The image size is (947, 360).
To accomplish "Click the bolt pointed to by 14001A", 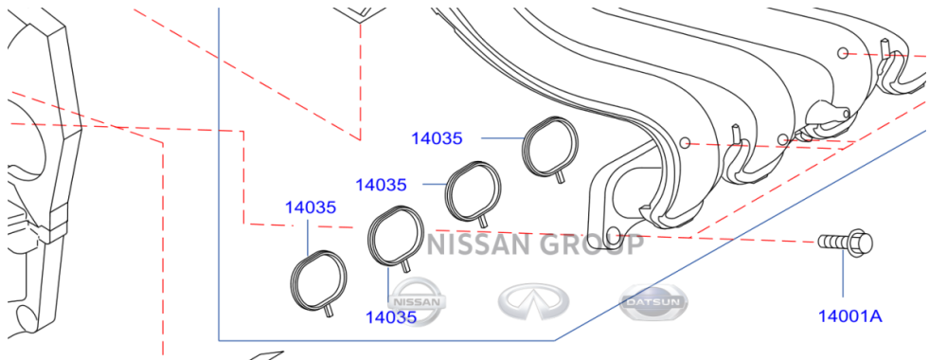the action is coord(845,243).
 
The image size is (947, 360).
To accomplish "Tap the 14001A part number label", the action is coord(850,315).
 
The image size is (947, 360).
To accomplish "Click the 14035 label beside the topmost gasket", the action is coord(437,138).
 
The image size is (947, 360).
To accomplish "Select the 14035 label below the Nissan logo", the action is coord(391,316).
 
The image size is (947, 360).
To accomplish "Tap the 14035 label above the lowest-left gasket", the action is coord(311,207).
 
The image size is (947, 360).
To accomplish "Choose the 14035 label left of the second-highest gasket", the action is coord(381,184).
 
